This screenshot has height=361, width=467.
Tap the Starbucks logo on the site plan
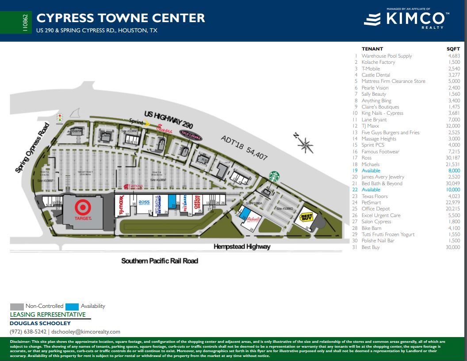click(x=274, y=176)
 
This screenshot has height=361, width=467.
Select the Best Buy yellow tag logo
click(x=306, y=217)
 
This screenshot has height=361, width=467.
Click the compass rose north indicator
click(x=305, y=144)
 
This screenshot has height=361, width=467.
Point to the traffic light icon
click(x=59, y=118)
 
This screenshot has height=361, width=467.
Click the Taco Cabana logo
click(x=191, y=136)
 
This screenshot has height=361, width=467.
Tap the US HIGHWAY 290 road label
click(x=168, y=120)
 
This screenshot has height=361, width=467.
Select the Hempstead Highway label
click(x=242, y=247)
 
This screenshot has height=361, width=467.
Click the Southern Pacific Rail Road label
click(x=160, y=261)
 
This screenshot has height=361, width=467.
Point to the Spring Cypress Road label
click(x=32, y=148)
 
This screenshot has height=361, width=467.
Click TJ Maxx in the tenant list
click(x=370, y=126)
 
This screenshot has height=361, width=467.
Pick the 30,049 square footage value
click(x=453, y=183)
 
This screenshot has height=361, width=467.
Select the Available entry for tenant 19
click(x=371, y=171)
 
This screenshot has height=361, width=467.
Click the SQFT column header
click(x=453, y=49)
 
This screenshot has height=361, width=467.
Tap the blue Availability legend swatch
click(x=72, y=307)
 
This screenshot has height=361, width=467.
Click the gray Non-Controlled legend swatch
click(x=17, y=307)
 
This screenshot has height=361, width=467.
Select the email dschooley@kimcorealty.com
click(x=86, y=332)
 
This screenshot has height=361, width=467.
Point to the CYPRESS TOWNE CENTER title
click(x=121, y=18)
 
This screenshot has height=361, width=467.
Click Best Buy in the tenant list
click(x=371, y=247)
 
